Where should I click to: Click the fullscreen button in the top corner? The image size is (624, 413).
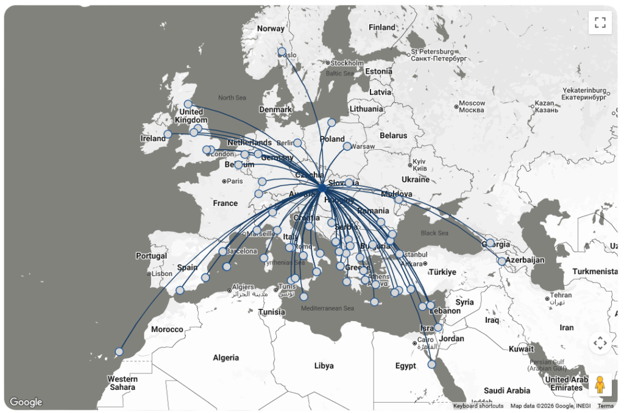[x=600, y=23]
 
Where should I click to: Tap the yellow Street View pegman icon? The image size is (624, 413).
[x=600, y=384]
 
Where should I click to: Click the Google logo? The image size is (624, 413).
[x=26, y=402]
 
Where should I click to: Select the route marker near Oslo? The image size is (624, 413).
[x=282, y=52]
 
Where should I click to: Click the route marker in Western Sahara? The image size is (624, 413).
[x=119, y=351]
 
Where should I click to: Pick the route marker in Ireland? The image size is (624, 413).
[x=168, y=134]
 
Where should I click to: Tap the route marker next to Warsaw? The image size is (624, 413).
[x=347, y=146]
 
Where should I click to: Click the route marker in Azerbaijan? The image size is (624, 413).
[x=502, y=261]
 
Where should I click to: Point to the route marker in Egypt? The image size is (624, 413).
[x=432, y=364]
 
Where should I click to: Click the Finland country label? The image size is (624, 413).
[x=382, y=27]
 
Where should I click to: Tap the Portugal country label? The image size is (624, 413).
[x=151, y=256]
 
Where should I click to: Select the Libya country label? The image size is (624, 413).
[x=324, y=365]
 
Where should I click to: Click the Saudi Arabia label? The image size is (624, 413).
[x=507, y=390]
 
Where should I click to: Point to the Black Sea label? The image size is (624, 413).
[x=434, y=233]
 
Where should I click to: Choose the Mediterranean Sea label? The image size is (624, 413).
[x=327, y=308]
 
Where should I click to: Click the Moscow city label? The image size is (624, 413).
[x=472, y=103]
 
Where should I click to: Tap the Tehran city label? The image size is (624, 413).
[x=561, y=295]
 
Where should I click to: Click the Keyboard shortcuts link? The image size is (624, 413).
[x=478, y=406]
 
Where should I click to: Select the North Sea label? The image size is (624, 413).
[x=232, y=97]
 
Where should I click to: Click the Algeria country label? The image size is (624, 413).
[x=225, y=358]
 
